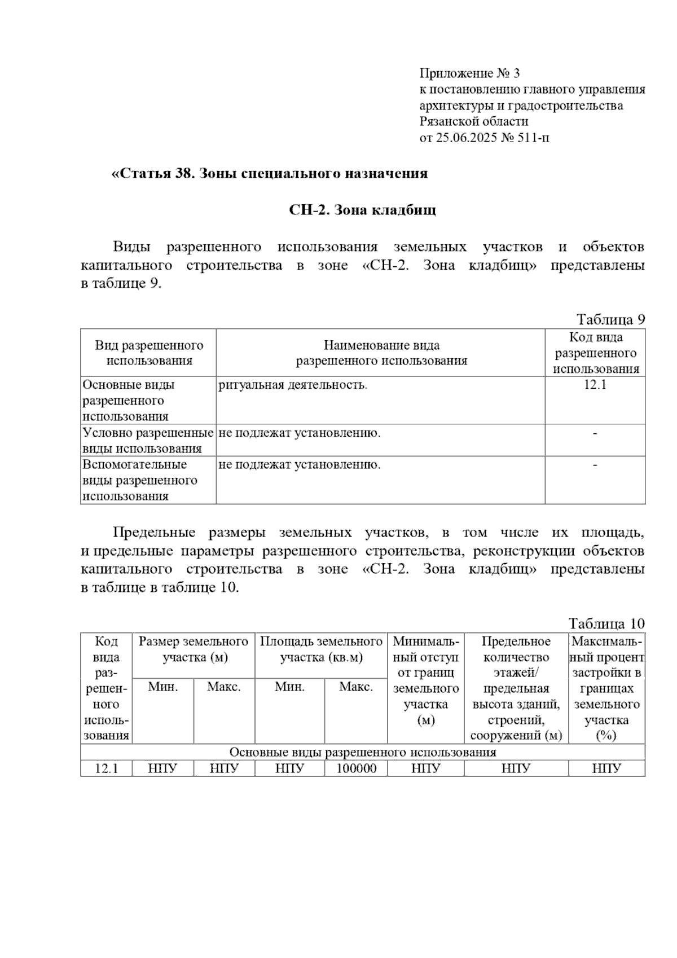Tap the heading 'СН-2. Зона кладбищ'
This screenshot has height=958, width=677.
pos(362,210)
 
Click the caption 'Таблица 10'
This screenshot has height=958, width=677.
pos(606,623)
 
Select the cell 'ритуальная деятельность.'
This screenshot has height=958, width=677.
pos(293,385)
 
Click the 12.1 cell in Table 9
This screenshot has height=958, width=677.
pos(595,385)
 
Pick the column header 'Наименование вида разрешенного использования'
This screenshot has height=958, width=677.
pos(381,353)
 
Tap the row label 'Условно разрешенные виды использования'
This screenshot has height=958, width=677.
pos(148,441)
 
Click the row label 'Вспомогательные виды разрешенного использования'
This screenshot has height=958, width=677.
pos(140,480)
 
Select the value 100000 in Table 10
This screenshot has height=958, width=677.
pos(356,768)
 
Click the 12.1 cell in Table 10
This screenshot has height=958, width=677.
pos(106,768)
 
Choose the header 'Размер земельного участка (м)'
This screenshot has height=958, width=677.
pos(194,649)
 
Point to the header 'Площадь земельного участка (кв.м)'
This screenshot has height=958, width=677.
pos(321,649)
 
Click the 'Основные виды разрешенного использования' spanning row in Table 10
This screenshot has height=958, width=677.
pos(363,752)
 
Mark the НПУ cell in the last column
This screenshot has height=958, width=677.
pos(606,768)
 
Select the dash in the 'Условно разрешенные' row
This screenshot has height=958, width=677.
pos(595,433)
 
